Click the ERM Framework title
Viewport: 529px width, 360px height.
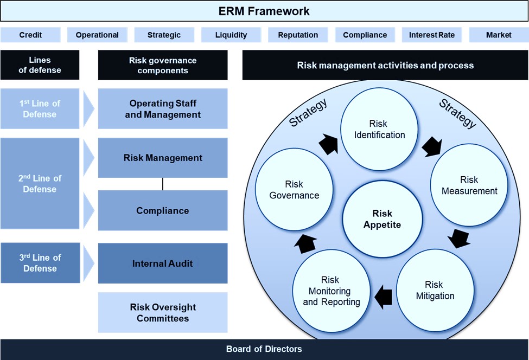(264, 11)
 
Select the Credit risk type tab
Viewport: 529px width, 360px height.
(30, 35)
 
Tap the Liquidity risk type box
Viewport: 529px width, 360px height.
(231, 35)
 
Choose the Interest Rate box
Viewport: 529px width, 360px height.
(432, 35)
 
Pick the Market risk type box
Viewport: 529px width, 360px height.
(499, 35)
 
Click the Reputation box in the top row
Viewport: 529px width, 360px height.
(298, 35)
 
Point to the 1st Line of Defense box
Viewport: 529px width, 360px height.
(40, 108)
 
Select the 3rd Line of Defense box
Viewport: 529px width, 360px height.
(40, 263)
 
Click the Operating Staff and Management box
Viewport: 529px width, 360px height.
(163, 108)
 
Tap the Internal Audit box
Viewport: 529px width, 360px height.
(163, 263)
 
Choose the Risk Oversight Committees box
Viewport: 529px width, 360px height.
(163, 312)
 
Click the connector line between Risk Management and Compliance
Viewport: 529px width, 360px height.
(163, 184)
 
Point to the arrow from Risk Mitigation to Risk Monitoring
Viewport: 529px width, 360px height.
(384, 296)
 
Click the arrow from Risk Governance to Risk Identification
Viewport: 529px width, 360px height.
(328, 143)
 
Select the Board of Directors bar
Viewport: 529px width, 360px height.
(264, 349)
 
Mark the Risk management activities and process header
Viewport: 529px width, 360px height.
(385, 65)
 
